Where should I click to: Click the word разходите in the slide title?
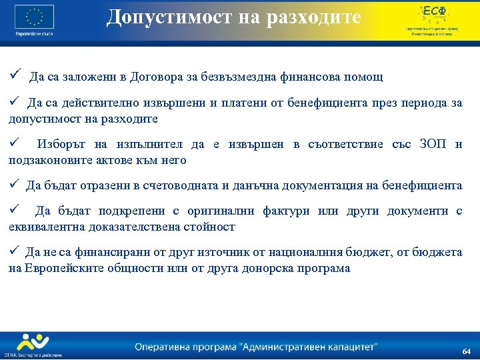pyautogui.click(x=317, y=17)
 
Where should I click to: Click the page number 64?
pyautogui.click(x=466, y=351)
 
